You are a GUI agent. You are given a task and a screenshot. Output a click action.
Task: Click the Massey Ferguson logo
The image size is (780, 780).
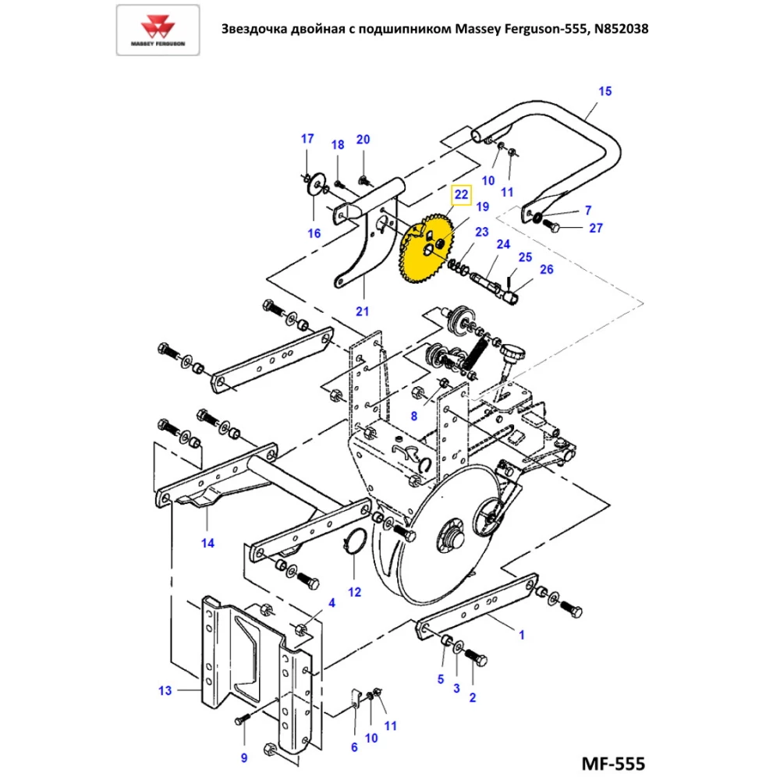(x=157, y=30)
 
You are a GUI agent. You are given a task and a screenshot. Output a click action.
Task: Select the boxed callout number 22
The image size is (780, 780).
(x=462, y=194)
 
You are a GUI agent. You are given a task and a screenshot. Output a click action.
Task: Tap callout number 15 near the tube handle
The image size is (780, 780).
(x=605, y=91)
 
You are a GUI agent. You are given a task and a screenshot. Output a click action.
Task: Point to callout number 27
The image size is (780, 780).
(x=596, y=229)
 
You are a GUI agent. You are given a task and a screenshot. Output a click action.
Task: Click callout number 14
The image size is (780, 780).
(x=207, y=543)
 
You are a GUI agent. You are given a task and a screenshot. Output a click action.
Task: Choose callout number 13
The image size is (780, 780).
(x=165, y=690)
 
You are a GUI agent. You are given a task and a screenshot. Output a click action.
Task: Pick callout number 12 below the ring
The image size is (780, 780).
(x=355, y=591)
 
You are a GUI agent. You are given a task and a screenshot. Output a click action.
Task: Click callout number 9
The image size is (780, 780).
(x=243, y=757)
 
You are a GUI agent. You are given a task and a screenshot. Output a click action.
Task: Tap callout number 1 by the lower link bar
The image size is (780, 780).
(x=522, y=635)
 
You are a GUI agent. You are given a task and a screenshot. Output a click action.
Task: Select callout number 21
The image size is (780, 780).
(x=362, y=311)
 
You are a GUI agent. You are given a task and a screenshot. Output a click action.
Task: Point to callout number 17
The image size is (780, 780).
(x=307, y=139)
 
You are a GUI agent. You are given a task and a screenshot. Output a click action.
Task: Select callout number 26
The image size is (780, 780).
(x=546, y=270)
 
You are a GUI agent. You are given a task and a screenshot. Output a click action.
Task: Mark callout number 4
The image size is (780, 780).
(x=331, y=603)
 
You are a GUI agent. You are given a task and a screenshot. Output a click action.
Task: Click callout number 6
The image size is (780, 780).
(x=354, y=747)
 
